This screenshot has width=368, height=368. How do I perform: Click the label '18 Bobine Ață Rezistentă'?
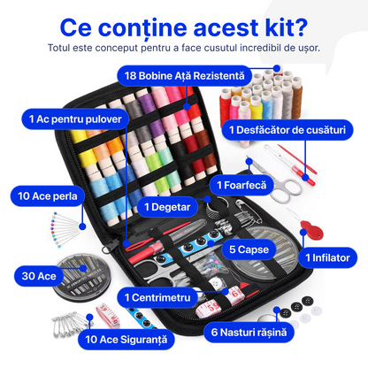(x=185, y=76)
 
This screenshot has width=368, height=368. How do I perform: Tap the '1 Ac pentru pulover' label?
(x=75, y=119)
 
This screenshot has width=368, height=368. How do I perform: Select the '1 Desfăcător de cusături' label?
(x=287, y=130)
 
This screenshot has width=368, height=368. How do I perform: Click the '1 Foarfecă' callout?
(x=241, y=185)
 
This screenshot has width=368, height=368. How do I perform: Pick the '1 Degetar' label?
(x=167, y=207)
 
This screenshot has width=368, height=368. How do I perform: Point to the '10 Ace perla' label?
(x=48, y=196)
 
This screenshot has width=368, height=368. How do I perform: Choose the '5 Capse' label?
(x=249, y=249)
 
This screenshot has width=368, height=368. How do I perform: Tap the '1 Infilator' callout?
(x=327, y=257)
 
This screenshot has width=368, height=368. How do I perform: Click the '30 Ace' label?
(x=39, y=276)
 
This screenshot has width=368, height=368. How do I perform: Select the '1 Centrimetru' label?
(x=157, y=297)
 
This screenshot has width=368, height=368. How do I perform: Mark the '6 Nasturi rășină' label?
(x=249, y=333)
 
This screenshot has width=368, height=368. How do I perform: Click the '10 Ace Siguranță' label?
(x=126, y=340)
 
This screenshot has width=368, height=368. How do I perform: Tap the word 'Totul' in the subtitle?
(x=58, y=48)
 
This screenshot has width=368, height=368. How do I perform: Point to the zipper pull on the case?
(x=110, y=247)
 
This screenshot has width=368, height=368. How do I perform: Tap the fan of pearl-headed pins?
(x=65, y=228)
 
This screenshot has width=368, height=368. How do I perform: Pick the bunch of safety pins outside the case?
(x=70, y=324)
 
